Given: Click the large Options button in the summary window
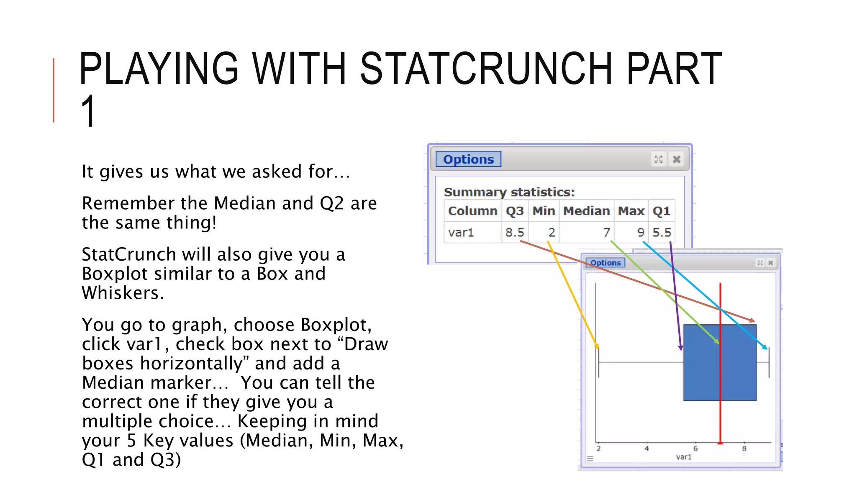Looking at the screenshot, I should tap(468, 159).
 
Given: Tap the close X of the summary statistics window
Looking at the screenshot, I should tap(676, 159).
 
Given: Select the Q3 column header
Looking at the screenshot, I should tap(514, 211).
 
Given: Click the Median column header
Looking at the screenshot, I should tap(586, 211).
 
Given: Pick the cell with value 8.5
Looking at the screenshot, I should tap(514, 232).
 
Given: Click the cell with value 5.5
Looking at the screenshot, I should tap(662, 232).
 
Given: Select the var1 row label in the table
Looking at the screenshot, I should tap(461, 232).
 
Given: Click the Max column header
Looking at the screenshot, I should tap(631, 211).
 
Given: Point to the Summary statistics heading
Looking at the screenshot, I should tap(509, 192).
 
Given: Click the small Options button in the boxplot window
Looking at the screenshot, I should tap(605, 263).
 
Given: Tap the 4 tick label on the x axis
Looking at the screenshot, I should tap(647, 449).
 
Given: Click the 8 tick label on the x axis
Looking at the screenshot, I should tap(744, 449).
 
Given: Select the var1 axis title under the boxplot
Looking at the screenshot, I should tap(683, 457).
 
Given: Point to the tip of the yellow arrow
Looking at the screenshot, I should tap(598, 348).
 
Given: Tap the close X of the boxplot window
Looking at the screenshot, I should tap(770, 263).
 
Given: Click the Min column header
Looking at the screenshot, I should tap(543, 211).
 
